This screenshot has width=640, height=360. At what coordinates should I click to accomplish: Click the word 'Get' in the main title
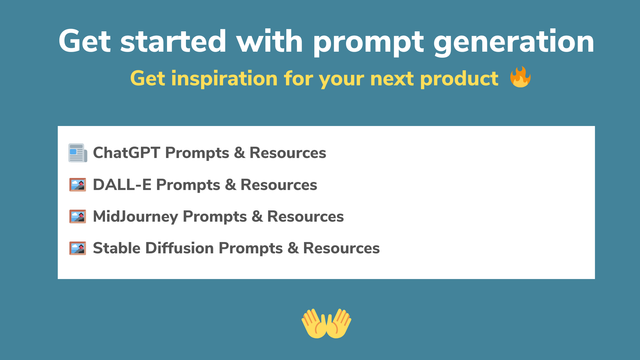point(84,41)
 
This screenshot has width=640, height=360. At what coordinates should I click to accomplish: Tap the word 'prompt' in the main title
point(368,42)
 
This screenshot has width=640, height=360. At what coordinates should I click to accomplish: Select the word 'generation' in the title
point(513,42)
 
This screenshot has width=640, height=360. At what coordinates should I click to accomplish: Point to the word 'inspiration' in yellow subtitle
point(224,79)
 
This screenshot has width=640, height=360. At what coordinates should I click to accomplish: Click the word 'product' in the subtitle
point(459,79)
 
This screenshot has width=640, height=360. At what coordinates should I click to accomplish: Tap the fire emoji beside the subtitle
point(520,77)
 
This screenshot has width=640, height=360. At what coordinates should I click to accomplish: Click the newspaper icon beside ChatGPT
point(78,153)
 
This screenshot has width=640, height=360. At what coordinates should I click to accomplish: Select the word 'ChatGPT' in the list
point(126,153)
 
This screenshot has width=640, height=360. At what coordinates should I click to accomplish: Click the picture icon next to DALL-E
point(78,185)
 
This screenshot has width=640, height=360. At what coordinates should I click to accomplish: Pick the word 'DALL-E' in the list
point(122,185)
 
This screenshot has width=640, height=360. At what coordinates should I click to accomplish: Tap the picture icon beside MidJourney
point(78,216)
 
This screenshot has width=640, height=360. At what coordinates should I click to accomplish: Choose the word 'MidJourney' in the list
point(135,217)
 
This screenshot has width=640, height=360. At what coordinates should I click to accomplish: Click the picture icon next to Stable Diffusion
point(78,248)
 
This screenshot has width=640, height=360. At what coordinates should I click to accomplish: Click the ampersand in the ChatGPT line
point(239,153)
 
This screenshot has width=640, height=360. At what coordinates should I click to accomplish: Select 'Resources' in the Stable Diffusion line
point(341,248)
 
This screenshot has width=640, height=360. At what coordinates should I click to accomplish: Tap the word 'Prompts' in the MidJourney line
point(215,217)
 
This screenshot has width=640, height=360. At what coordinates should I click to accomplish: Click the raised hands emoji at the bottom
point(326,323)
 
